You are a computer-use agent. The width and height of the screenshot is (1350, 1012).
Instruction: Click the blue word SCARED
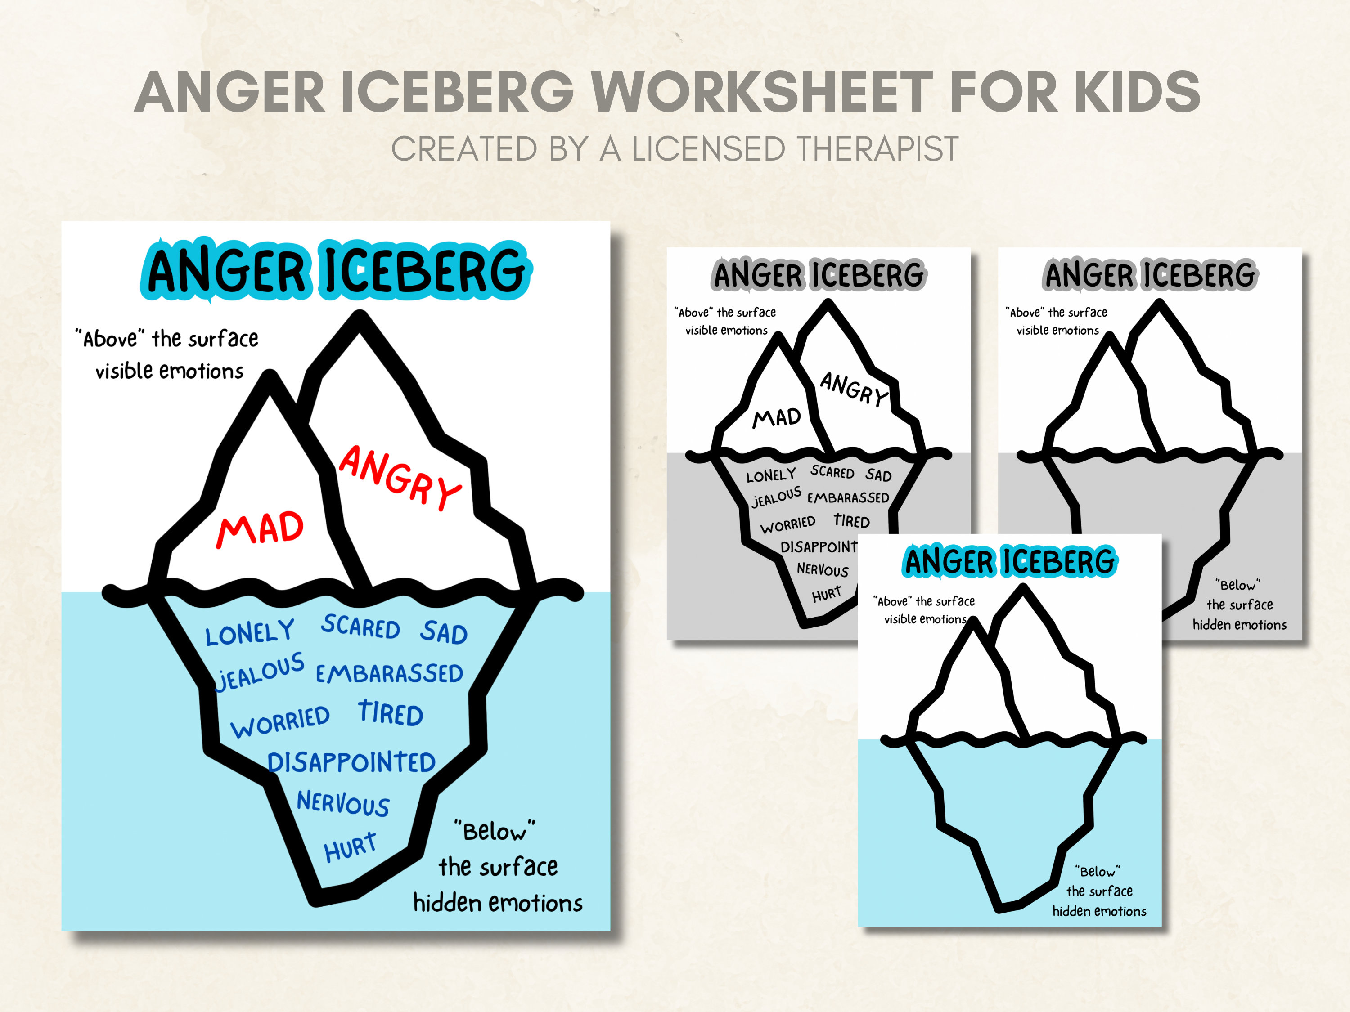pyautogui.click(x=361, y=627)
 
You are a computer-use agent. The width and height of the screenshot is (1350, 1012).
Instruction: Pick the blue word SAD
pyautogui.click(x=444, y=632)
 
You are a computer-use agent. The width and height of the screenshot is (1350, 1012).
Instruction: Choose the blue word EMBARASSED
pyautogui.click(x=389, y=673)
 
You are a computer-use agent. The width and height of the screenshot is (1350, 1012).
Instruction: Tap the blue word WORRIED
pyautogui.click(x=280, y=721)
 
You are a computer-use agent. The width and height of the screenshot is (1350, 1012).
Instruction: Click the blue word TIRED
pyautogui.click(x=391, y=714)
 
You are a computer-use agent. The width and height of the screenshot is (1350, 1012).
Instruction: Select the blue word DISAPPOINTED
pyautogui.click(x=351, y=762)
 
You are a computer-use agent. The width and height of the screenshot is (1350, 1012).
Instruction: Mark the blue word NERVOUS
pyautogui.click(x=343, y=803)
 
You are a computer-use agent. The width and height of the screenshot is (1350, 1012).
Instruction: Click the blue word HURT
pyautogui.click(x=350, y=847)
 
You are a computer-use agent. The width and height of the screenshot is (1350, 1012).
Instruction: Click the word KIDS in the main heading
pyautogui.click(x=1136, y=92)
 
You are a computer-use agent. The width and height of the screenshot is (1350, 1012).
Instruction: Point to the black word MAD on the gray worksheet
pyautogui.click(x=776, y=418)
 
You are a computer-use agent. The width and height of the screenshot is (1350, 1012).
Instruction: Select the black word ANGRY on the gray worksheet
pyautogui.click(x=853, y=389)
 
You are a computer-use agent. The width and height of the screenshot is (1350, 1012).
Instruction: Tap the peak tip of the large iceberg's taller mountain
pyautogui.click(x=360, y=317)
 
